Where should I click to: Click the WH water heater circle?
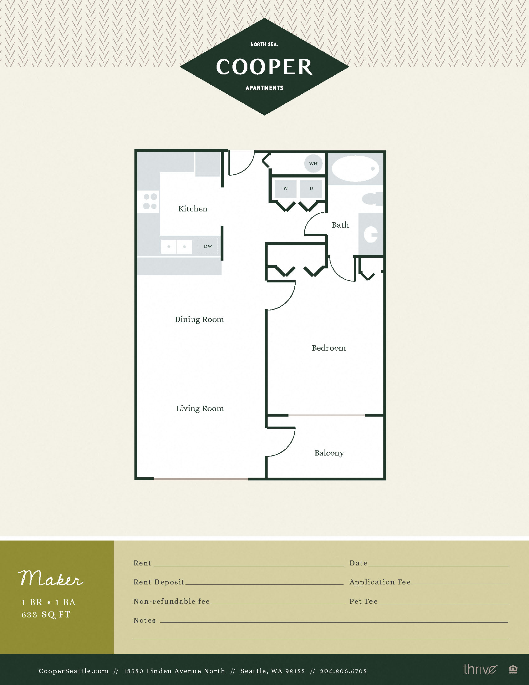[313, 163]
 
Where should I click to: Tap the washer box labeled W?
[285, 188]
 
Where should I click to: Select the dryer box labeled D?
[311, 188]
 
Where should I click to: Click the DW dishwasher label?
[208, 246]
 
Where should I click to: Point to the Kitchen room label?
[193, 209]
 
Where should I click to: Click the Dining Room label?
[199, 319]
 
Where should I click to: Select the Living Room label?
[200, 409]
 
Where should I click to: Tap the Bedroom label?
[328, 348]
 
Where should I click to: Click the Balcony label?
[329, 453]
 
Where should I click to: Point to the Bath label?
[340, 225]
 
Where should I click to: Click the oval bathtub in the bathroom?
[355, 169]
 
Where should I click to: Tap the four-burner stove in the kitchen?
[150, 201]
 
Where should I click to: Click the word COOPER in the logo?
[264, 67]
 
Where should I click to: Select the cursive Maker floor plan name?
[51, 579]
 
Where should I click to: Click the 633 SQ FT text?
[46, 614]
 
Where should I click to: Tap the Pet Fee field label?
[363, 601]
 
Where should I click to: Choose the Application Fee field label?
[380, 582]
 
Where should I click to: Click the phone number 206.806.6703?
[343, 671]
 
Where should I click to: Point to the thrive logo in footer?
[480, 669]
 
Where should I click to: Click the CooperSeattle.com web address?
[74, 671]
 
